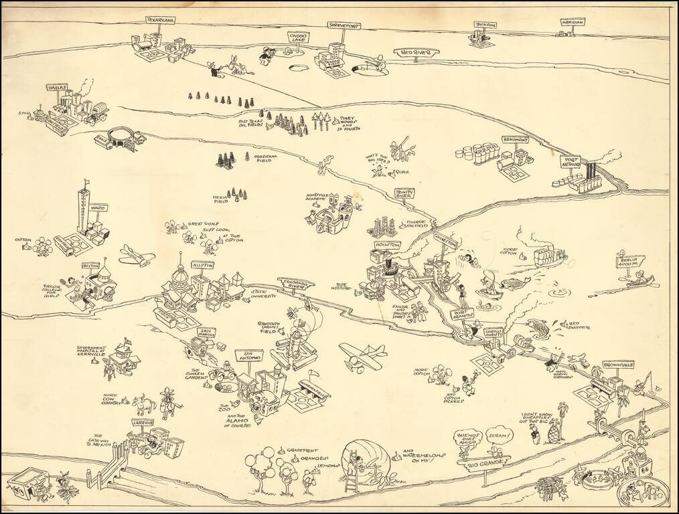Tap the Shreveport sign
click(344, 25)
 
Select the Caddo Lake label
click(298, 36)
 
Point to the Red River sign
click(415, 52)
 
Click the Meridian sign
click(573, 22)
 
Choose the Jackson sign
click(486, 25)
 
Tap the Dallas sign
click(59, 88)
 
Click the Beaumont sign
click(516, 140)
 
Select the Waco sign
click(98, 208)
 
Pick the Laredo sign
click(143, 423)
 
